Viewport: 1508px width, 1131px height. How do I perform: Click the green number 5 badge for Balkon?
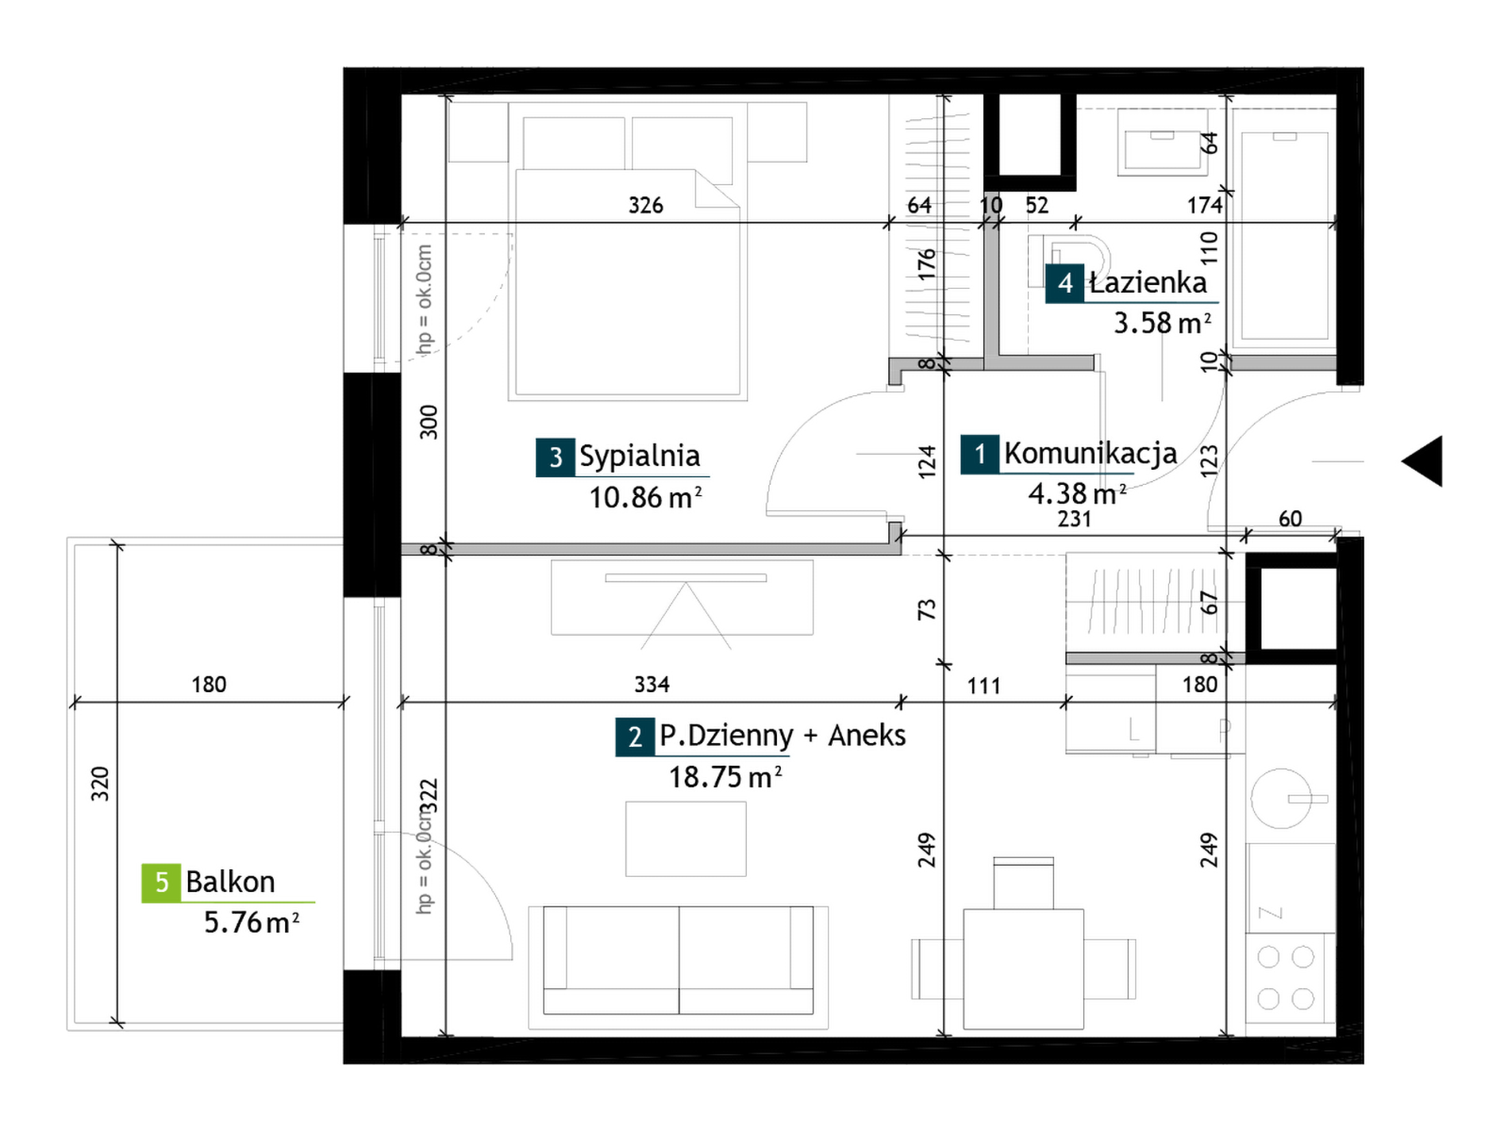click(x=161, y=883)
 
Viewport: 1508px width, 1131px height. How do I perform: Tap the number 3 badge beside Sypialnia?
click(x=556, y=457)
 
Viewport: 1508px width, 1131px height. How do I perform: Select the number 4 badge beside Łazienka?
click(x=1065, y=283)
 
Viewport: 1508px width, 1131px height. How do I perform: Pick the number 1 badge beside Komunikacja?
click(x=980, y=455)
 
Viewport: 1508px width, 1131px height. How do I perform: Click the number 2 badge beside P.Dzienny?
click(x=635, y=737)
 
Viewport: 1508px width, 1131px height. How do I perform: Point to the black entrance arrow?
click(x=1422, y=461)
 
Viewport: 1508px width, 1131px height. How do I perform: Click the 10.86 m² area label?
click(x=645, y=498)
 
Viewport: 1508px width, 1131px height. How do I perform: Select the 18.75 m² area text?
click(x=725, y=777)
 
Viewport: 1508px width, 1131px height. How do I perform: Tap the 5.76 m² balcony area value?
click(x=252, y=922)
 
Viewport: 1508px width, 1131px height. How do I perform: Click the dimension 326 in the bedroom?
click(x=645, y=206)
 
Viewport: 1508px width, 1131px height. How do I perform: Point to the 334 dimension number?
click(x=652, y=684)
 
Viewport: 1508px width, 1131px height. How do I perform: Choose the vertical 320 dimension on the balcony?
click(x=100, y=784)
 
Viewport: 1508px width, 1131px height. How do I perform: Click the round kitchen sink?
click(x=1281, y=798)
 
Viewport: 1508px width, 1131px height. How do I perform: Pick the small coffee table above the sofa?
click(x=686, y=839)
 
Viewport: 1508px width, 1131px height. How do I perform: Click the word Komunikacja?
click(x=1091, y=453)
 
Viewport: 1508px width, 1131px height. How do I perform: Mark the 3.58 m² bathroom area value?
click(x=1163, y=323)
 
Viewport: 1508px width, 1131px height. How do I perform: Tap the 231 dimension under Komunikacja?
click(x=1074, y=519)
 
